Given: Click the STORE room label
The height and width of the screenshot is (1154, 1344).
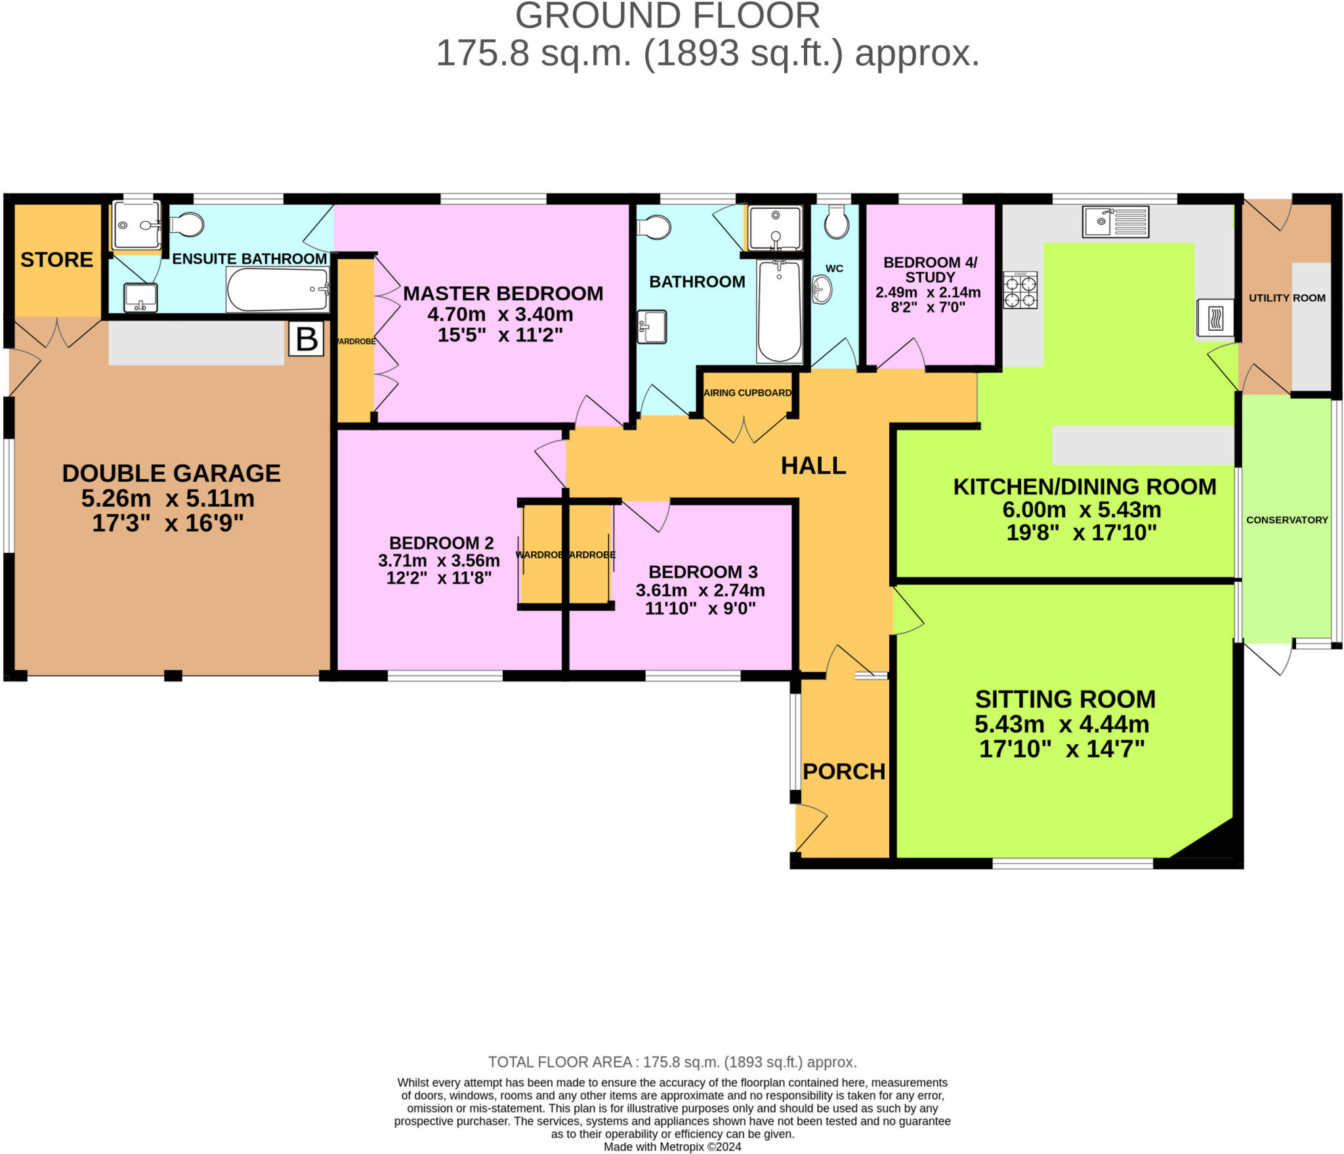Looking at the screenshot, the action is (x=56, y=260).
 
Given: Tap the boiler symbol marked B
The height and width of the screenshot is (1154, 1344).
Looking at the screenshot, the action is (x=306, y=339).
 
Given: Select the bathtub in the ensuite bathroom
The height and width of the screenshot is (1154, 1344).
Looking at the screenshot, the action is (x=278, y=289).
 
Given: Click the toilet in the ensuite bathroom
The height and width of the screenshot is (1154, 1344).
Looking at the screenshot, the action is (x=186, y=225).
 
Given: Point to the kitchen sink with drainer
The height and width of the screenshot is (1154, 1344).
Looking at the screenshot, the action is (x=1116, y=221).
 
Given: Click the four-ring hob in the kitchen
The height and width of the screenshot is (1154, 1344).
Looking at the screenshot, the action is (x=1020, y=290).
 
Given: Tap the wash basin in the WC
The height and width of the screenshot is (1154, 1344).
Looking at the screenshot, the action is (x=822, y=289).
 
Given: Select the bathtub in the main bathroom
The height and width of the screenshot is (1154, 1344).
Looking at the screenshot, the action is (x=780, y=311).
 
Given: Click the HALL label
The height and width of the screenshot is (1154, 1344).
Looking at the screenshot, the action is (x=813, y=465).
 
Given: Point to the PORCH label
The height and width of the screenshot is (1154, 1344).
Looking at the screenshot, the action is (x=844, y=771).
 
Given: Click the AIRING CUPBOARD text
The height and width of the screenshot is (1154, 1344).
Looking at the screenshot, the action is (x=747, y=393).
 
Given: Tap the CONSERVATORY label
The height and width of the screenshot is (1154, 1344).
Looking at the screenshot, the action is (x=1287, y=520).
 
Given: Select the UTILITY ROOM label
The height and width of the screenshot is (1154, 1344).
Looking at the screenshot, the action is (x=1287, y=298).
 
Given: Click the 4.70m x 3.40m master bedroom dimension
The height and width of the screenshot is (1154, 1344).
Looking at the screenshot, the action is (x=500, y=314).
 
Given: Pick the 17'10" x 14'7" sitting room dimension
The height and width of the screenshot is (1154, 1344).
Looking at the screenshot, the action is (x=1062, y=749).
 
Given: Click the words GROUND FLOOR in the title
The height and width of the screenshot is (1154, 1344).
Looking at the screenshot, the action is (x=667, y=16).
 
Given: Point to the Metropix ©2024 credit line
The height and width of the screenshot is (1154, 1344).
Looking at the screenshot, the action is (x=672, y=1147).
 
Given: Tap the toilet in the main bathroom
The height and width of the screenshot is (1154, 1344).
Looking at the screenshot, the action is (x=654, y=228).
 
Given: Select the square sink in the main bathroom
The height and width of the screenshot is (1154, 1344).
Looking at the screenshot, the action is (x=652, y=326).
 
